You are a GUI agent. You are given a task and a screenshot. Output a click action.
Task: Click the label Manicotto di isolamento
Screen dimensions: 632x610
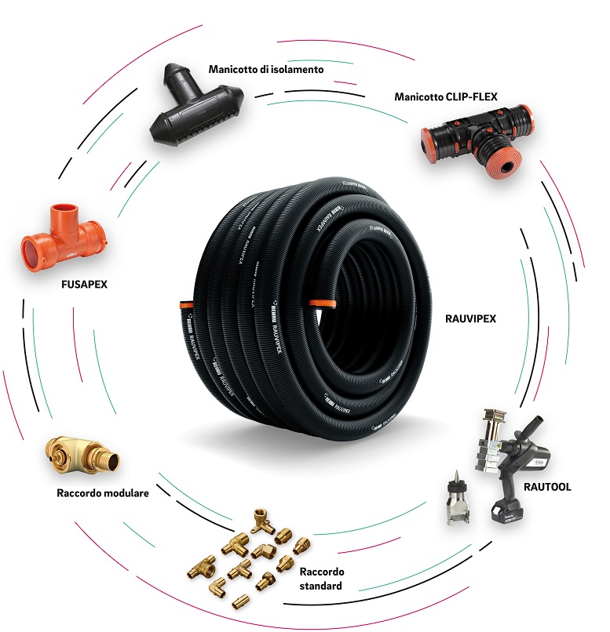click(266, 69)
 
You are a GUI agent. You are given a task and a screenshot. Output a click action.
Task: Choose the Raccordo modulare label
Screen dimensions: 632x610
click(103, 493)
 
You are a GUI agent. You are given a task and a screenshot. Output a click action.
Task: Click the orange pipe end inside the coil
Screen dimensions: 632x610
click(320, 303)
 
